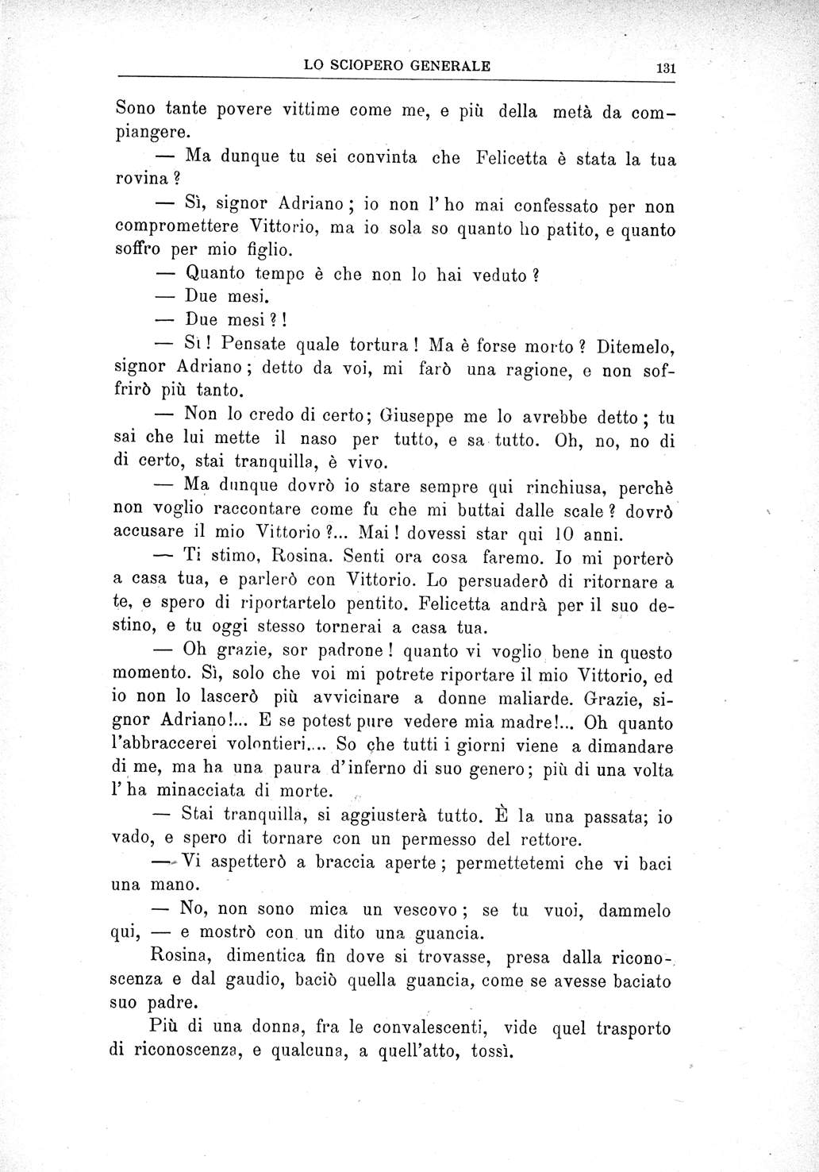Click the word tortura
(373, 345)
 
